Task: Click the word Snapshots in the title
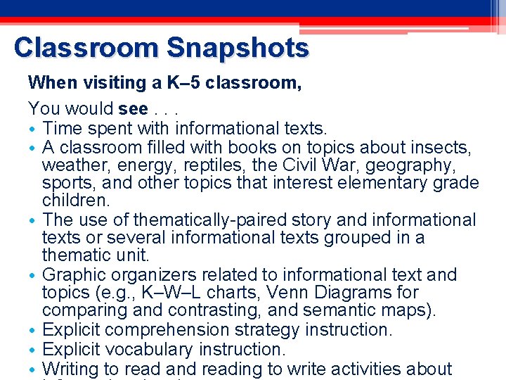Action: pos(238,48)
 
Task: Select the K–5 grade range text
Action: pos(183,83)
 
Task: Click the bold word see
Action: pos(133,109)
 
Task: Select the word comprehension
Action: pos(186,330)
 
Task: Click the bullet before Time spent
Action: pos(34,129)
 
